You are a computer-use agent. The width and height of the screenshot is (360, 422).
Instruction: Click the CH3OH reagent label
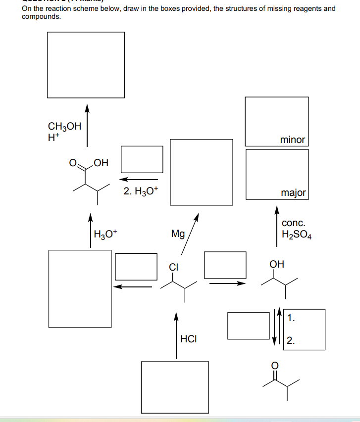tap(64, 126)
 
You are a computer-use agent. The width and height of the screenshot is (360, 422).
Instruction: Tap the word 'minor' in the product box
tap(292, 140)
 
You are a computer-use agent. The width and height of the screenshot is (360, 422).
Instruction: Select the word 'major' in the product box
tap(293, 192)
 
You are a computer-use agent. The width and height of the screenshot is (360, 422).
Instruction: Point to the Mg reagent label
tap(178, 234)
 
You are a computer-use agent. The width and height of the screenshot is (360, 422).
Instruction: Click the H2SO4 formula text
tap(296, 234)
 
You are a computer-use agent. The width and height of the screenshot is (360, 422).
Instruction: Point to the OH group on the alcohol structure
tap(276, 264)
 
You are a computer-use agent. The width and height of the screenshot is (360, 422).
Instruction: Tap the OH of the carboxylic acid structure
tap(100, 162)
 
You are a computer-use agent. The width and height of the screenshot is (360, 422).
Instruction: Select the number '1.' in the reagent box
tap(291, 318)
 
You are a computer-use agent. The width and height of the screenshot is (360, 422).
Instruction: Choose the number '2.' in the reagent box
tap(291, 340)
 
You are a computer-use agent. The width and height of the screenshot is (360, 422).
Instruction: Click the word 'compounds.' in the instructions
tap(42, 16)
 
